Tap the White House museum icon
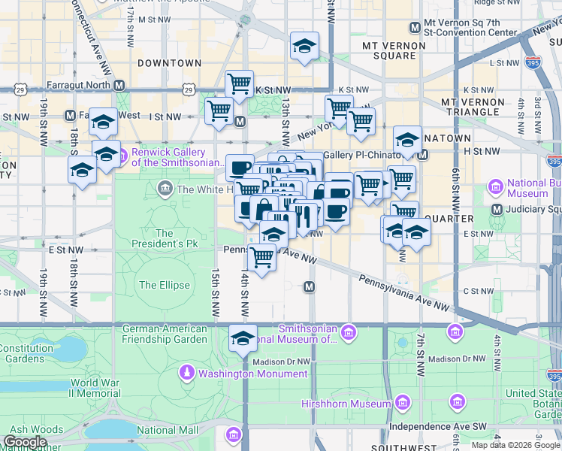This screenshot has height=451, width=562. (165, 189)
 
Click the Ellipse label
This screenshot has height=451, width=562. (159, 285)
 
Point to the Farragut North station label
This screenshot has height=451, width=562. (78, 85)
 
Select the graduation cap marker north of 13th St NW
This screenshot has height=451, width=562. (304, 46)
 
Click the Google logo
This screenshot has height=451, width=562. (26, 441)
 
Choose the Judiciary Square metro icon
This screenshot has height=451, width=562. (496, 209)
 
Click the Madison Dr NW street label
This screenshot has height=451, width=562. (281, 362)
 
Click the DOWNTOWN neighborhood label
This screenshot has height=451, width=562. (169, 63)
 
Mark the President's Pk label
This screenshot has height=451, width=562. (164, 239)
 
